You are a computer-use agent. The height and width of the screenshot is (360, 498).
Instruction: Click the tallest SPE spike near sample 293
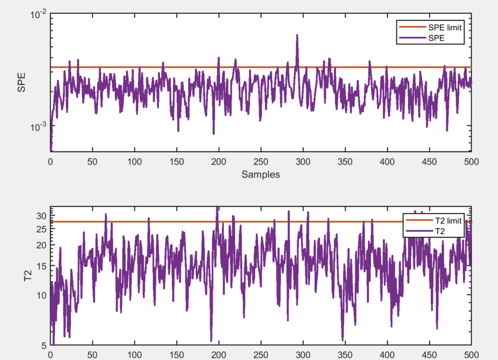(x=297, y=36)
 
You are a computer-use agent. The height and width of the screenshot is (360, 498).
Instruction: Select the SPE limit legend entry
(x=445, y=28)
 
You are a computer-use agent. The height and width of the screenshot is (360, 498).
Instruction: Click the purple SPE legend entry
(x=436, y=38)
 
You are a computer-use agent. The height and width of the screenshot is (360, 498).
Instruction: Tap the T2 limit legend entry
(x=448, y=221)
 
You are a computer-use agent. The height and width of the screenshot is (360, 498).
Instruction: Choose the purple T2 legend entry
(x=440, y=231)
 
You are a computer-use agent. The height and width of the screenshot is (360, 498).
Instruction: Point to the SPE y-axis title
(x=21, y=82)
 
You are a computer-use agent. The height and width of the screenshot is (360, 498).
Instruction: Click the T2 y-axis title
(x=28, y=276)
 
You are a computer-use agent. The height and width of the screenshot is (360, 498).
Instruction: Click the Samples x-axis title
(x=260, y=174)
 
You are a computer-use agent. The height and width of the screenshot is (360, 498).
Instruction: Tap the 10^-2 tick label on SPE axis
(x=38, y=15)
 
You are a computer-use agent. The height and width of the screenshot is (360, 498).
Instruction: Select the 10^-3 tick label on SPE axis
(x=38, y=127)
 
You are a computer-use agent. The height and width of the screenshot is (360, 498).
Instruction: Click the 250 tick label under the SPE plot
(x=260, y=162)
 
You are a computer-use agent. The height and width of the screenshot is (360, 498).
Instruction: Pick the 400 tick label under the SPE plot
(x=387, y=162)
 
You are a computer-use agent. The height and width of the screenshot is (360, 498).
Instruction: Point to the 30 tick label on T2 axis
(x=41, y=216)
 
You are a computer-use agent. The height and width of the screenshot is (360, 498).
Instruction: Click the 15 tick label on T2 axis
(x=41, y=266)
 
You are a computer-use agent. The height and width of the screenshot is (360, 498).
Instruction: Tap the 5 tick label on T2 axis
(x=44, y=345)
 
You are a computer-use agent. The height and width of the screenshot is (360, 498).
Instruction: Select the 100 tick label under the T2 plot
(x=134, y=355)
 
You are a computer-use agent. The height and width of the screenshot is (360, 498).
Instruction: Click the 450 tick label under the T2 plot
(x=429, y=355)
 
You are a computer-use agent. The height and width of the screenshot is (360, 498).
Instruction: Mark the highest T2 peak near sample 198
(x=217, y=207)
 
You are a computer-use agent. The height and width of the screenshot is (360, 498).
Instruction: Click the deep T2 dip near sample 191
(x=211, y=340)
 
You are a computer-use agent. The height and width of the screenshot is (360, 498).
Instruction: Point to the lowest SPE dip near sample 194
(x=214, y=133)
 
